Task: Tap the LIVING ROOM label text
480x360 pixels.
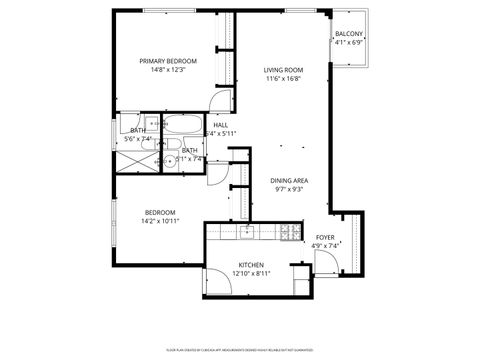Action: point(283,69)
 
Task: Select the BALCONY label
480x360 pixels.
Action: point(349,33)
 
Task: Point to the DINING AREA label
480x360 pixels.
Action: point(289,180)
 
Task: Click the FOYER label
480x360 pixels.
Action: point(326,237)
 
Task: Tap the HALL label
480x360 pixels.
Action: point(220,125)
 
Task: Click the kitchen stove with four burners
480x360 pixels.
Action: point(290,232)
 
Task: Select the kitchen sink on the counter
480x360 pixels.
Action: point(247,233)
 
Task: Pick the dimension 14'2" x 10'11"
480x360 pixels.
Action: point(160,221)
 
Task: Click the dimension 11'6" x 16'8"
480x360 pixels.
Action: point(283,78)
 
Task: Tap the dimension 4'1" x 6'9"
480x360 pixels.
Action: point(349,42)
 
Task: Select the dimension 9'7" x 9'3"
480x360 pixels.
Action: point(289,189)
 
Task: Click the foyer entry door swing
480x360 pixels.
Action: point(327,262)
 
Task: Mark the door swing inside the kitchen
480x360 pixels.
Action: point(216,283)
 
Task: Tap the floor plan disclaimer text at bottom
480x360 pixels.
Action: point(240,351)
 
